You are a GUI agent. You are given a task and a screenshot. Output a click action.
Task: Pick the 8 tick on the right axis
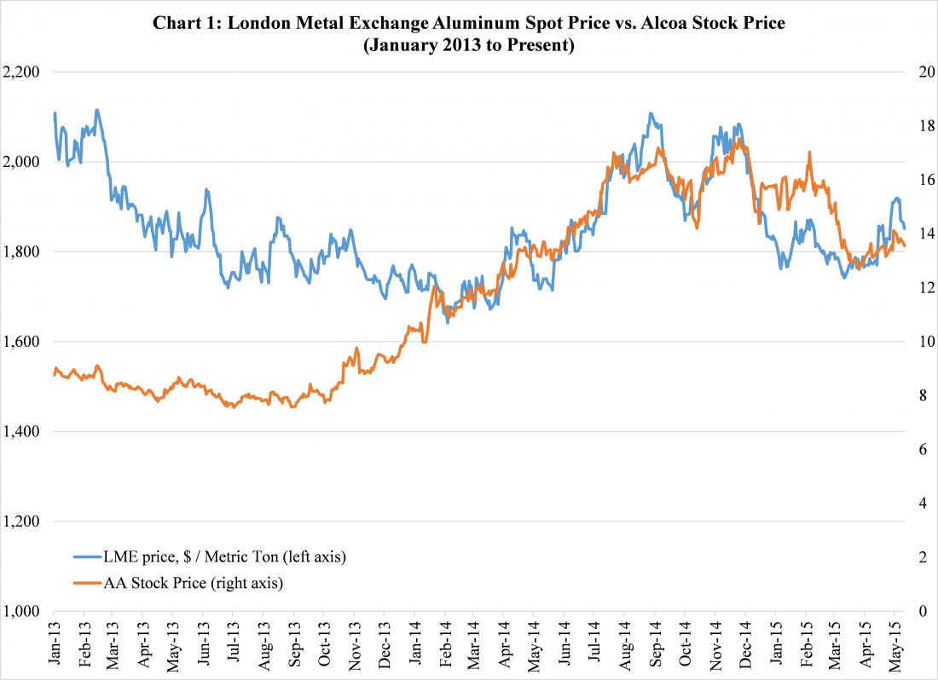click(921, 396)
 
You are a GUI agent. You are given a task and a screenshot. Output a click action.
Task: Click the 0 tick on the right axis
click(921, 612)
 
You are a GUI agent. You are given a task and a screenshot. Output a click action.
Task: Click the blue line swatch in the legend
click(84, 556)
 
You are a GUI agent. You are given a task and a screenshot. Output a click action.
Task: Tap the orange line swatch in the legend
click(84, 584)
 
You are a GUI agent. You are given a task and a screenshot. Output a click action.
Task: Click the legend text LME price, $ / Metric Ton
click(223, 556)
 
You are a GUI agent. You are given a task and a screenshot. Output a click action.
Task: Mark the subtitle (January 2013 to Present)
click(468, 45)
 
